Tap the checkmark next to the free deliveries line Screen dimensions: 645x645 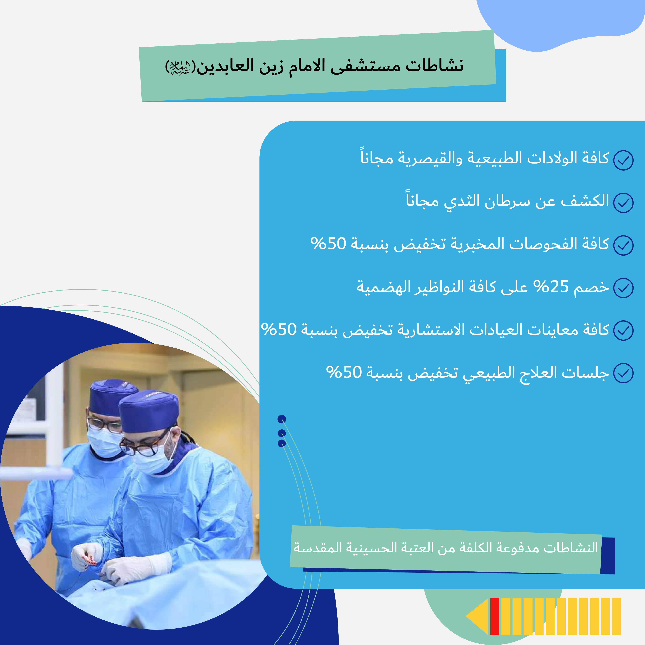(x=623, y=160)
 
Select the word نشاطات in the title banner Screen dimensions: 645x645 (x=435, y=66)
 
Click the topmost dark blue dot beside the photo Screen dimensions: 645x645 (x=282, y=419)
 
